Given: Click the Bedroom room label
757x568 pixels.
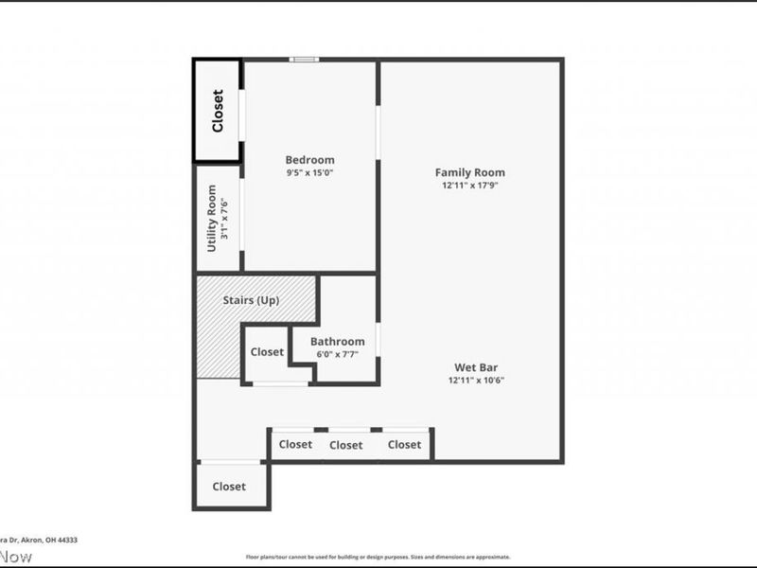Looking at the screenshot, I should click(309, 160).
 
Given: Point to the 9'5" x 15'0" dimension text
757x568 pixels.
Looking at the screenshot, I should click(309, 173).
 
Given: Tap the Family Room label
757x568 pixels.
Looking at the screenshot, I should click(469, 172).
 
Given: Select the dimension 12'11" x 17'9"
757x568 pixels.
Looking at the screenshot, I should click(469, 186).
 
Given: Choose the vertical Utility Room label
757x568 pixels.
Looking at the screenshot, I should click(212, 218).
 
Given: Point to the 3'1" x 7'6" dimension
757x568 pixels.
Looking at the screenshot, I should click(224, 218).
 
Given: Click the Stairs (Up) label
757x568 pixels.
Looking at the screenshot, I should click(255, 300).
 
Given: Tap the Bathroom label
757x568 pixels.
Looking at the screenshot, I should click(338, 342).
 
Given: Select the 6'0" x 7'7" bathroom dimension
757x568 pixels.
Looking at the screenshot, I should click(338, 355).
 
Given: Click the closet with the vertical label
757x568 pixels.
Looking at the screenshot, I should click(218, 111).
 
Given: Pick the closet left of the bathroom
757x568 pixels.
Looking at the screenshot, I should click(267, 352).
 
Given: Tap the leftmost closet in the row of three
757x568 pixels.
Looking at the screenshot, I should click(295, 445).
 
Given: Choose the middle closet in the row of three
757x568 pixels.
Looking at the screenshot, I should click(346, 445).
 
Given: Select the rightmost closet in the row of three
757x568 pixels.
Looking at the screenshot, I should click(404, 445).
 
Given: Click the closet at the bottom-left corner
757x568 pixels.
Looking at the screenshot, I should click(229, 487).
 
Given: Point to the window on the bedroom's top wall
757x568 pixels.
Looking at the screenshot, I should click(304, 60).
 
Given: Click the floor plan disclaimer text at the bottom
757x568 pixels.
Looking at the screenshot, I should click(378, 558).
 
